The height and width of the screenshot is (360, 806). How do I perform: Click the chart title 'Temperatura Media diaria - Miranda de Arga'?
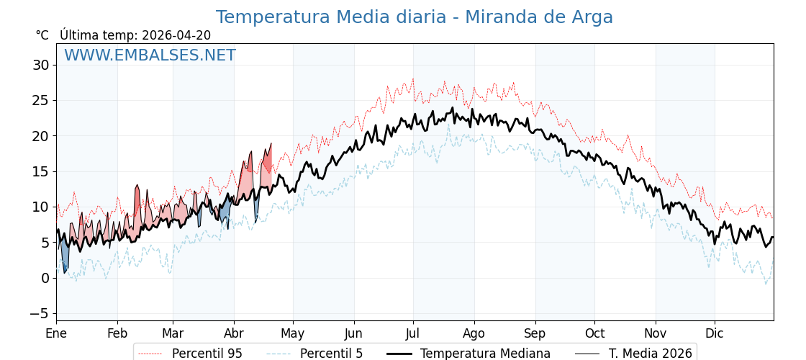click(x=414, y=17)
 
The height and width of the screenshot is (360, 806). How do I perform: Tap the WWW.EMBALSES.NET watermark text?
click(x=150, y=55)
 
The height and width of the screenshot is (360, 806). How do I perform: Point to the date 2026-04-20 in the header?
click(x=176, y=35)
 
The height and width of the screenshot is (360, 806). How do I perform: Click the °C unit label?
click(x=42, y=35)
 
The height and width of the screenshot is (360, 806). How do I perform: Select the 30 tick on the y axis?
click(x=40, y=66)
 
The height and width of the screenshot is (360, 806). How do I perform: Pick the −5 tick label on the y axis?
click(x=40, y=313)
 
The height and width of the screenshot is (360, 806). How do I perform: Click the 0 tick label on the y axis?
click(x=45, y=278)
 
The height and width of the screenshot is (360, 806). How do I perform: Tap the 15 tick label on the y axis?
click(x=40, y=171)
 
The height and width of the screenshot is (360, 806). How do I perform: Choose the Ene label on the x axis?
click(x=56, y=333)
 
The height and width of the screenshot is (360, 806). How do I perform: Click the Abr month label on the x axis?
click(x=234, y=333)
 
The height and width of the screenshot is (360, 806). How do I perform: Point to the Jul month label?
click(x=413, y=333)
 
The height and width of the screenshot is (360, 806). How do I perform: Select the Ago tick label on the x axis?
click(x=474, y=333)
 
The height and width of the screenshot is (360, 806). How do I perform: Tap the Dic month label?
click(x=715, y=333)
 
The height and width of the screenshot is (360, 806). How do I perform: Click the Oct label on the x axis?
click(x=594, y=333)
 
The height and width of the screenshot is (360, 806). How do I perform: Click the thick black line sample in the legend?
click(x=399, y=354)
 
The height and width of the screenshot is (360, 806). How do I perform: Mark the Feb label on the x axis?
click(x=117, y=333)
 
